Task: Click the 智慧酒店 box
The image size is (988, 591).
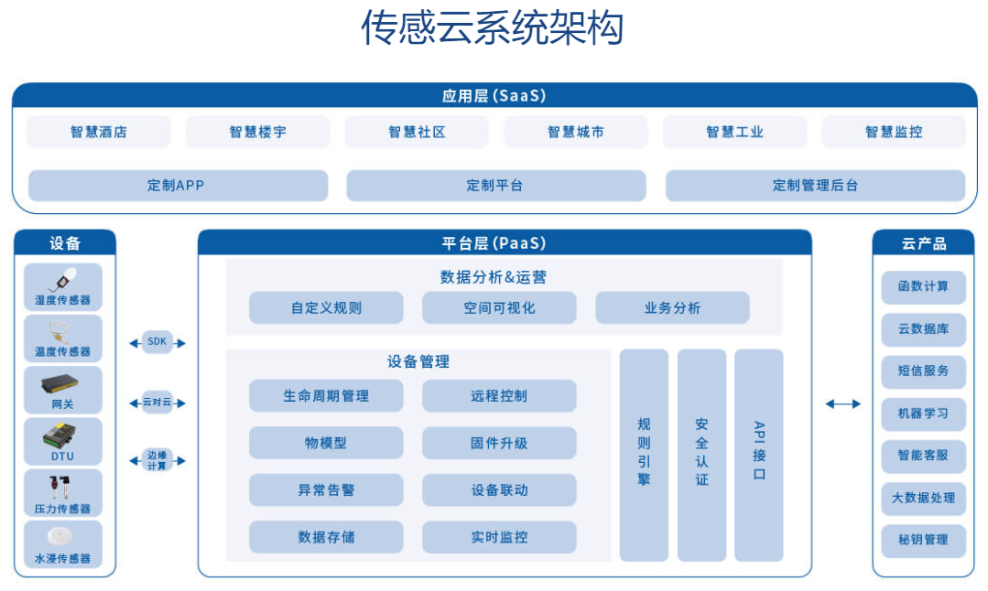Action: [x=98, y=132]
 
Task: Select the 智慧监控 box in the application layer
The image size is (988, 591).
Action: [x=894, y=132]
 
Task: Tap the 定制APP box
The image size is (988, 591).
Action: [x=179, y=186]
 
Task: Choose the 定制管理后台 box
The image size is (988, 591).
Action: [x=815, y=186]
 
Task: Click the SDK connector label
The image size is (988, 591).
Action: [x=157, y=342]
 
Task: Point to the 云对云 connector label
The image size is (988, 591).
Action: [x=157, y=403]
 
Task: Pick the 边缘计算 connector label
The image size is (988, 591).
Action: [x=157, y=460]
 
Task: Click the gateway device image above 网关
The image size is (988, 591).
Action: [x=60, y=383]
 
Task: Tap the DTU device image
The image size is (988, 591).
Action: [x=60, y=435]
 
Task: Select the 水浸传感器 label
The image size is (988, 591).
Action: [x=62, y=558]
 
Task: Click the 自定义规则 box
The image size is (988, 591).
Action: [x=326, y=307]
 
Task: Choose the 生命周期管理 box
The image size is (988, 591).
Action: [x=326, y=396]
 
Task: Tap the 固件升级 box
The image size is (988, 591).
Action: [x=499, y=443]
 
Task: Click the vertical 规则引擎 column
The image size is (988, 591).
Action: [x=644, y=455]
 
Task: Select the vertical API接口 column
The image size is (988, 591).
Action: [x=759, y=455]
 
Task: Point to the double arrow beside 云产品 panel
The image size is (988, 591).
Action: [x=843, y=404]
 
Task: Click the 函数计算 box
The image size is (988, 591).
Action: [x=923, y=286]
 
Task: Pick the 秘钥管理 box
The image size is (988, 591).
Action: [x=923, y=540]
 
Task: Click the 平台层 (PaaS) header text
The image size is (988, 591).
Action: [x=494, y=243]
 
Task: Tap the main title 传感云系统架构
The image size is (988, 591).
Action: [x=492, y=27]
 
